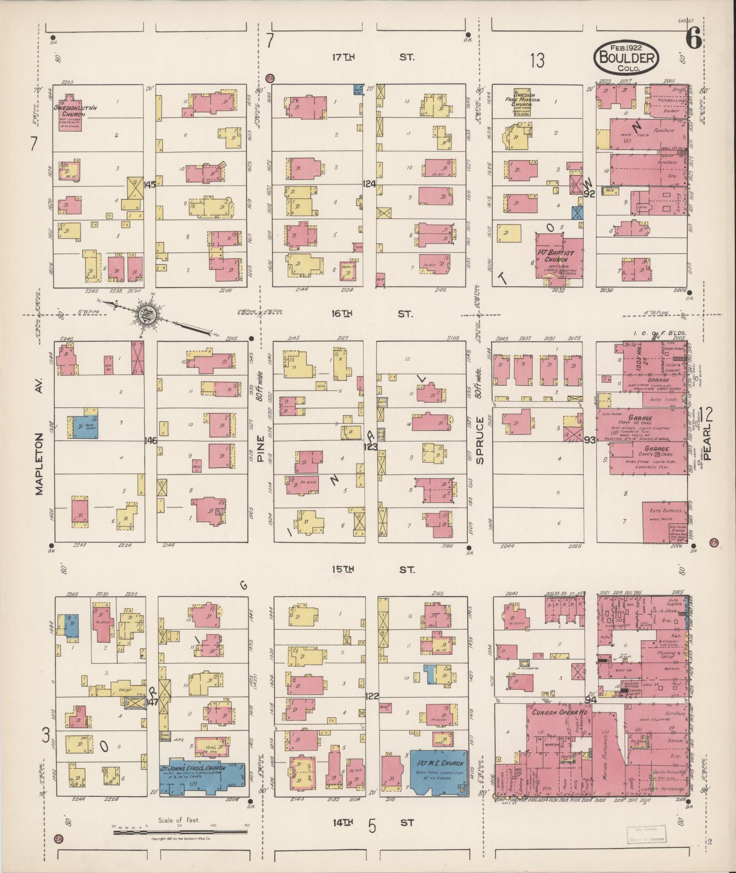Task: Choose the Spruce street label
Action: [480, 440]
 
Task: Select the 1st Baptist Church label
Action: [559, 256]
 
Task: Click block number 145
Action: [150, 185]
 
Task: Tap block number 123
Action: [370, 446]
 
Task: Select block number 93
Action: [590, 440]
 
